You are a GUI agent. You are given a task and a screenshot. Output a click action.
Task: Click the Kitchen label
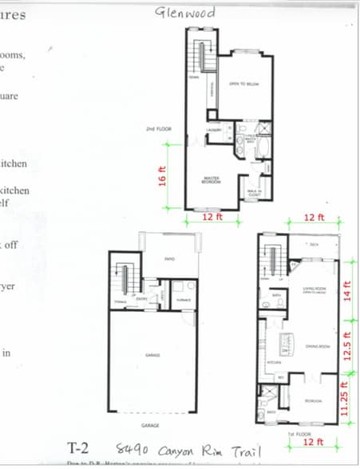pos(273,361)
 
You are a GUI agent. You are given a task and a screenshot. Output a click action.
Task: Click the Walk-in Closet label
pos(255,191)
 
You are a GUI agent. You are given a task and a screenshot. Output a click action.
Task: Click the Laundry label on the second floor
pos(214,129)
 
